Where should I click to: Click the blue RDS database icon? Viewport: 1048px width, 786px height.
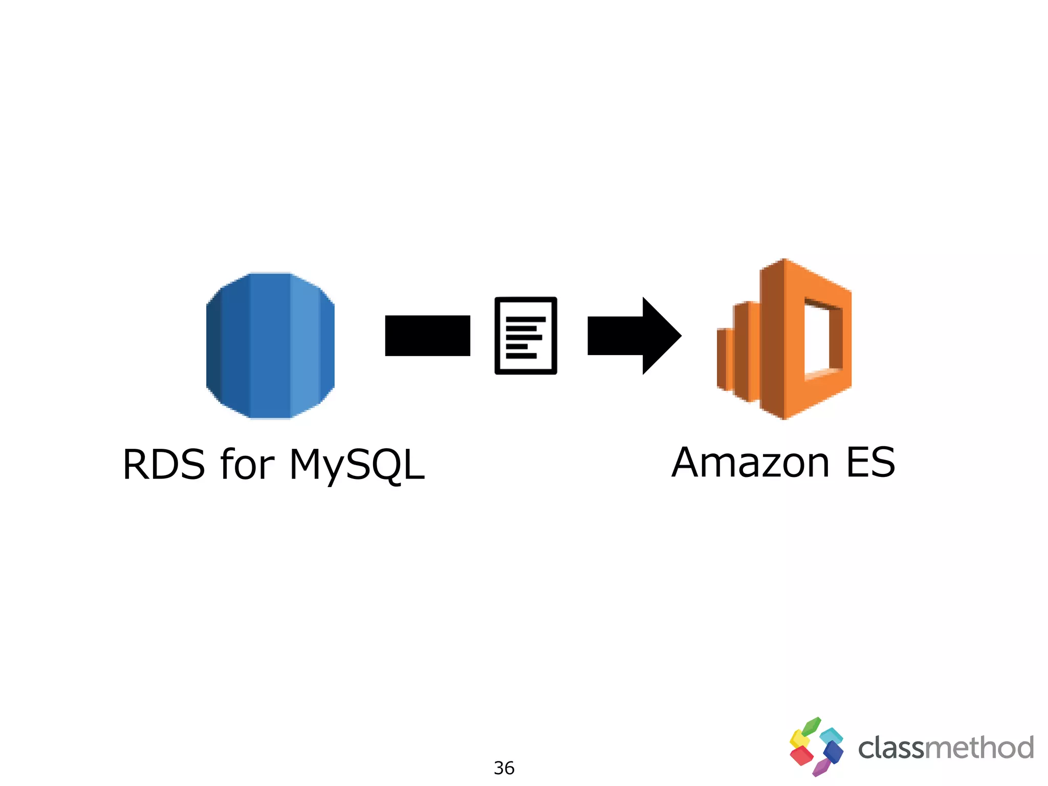pyautogui.click(x=270, y=345)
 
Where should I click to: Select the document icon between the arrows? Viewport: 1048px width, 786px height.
pyautogui.click(x=526, y=336)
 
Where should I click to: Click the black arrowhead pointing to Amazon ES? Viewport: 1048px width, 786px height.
pyautogui.click(x=660, y=336)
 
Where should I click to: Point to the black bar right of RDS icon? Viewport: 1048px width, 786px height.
pyautogui.click(x=427, y=336)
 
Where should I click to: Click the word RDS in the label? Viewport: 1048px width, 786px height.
pyautogui.click(x=164, y=465)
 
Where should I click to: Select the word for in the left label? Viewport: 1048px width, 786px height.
pyautogui.click(x=247, y=465)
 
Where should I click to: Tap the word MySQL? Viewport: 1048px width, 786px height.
pyautogui.click(x=357, y=465)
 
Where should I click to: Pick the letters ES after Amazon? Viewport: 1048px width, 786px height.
pyautogui.click(x=870, y=463)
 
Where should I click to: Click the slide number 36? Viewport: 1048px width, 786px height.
pyautogui.click(x=504, y=768)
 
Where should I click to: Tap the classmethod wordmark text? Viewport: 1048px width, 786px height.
pyautogui.click(x=946, y=748)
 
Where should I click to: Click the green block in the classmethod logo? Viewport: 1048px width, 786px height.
pyautogui.click(x=811, y=726)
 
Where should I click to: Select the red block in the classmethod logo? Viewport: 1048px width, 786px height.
pyautogui.click(x=801, y=755)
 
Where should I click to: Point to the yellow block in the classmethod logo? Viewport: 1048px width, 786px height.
pyautogui.click(x=798, y=739)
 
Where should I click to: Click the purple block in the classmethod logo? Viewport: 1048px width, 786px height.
pyautogui.click(x=821, y=767)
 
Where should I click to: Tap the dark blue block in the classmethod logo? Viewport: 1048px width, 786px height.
pyautogui.click(x=833, y=752)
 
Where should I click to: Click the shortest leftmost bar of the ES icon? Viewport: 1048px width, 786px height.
pyautogui.click(x=725, y=358)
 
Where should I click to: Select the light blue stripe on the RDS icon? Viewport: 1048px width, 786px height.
pyautogui.click(x=305, y=345)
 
